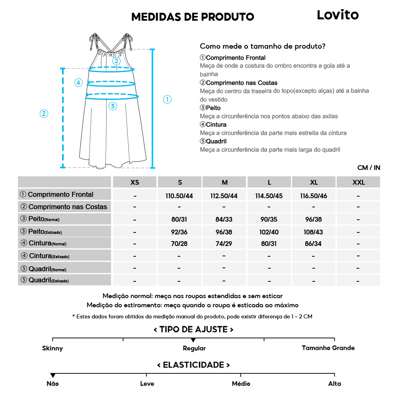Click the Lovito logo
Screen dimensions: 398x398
click(x=338, y=15)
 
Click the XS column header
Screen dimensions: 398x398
click(x=135, y=182)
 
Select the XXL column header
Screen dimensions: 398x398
click(x=358, y=182)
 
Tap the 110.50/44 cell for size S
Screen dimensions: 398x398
click(x=179, y=195)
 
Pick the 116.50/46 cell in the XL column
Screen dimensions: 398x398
click(x=314, y=195)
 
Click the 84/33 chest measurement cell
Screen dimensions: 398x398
click(x=224, y=219)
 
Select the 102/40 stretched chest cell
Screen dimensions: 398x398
click(x=269, y=231)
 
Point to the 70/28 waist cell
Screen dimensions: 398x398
click(x=179, y=244)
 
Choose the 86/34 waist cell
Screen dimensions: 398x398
click(x=314, y=244)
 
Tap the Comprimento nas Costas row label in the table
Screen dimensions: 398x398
click(x=64, y=207)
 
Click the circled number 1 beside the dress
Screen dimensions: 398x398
click(x=168, y=99)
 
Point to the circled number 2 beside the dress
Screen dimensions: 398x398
click(x=44, y=113)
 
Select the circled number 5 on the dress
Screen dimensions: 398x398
click(x=113, y=106)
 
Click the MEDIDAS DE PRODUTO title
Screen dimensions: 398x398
click(x=193, y=17)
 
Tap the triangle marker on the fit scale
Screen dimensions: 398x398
click(x=193, y=340)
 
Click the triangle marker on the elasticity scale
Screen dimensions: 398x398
click(x=53, y=375)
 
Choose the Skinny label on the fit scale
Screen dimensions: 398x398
click(x=53, y=348)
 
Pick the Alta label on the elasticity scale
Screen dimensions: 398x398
click(x=335, y=384)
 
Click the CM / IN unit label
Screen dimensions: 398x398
click(x=369, y=168)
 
